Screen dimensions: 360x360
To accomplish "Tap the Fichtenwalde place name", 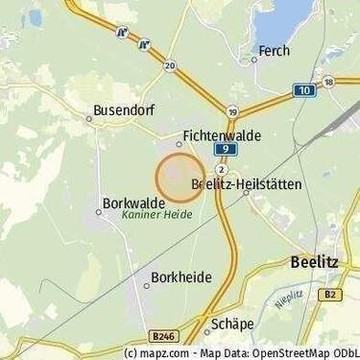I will click(x=221, y=137).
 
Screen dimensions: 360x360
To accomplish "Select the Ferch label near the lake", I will click(x=274, y=51).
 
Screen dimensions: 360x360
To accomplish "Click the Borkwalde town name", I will click(x=133, y=204).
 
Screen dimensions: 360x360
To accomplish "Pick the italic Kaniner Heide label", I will click(x=156, y=216).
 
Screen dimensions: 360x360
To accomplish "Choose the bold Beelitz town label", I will click(x=313, y=261).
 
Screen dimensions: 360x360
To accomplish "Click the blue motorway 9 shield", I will click(x=222, y=150).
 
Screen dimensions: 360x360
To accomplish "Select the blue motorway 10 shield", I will click(x=303, y=89).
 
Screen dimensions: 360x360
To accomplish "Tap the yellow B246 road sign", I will click(x=164, y=337).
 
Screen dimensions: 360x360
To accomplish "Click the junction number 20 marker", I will click(x=170, y=65).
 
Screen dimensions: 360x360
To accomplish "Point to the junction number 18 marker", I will click(x=328, y=82).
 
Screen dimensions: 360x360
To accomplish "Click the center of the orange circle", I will click(x=180, y=178).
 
